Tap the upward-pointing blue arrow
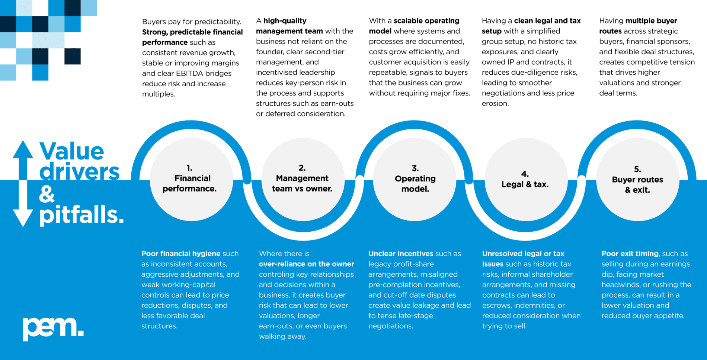[x=23, y=160]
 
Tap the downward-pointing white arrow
[x=23, y=204]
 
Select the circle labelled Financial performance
[x=191, y=180]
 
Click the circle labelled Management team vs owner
[x=303, y=180]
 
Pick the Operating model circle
[x=415, y=180]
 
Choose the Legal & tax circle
[x=526, y=180]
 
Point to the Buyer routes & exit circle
[x=638, y=180]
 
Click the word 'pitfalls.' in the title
[x=81, y=215]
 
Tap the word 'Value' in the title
[x=72, y=151]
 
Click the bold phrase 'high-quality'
[x=285, y=21]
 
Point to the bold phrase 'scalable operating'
[x=426, y=21]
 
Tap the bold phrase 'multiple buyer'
[x=651, y=21]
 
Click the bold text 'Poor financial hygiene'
[x=181, y=254]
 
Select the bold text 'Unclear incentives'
[x=401, y=254]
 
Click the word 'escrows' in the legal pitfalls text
[x=498, y=305]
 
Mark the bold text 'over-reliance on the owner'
[x=307, y=264]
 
